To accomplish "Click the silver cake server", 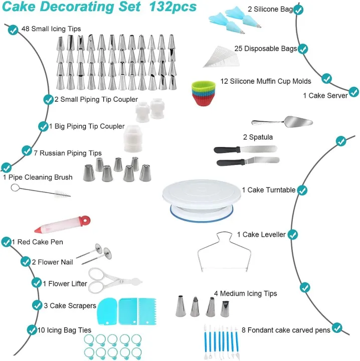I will point(283,121).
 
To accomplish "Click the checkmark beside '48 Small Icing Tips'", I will point(13,30).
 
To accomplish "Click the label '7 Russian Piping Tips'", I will point(67,153).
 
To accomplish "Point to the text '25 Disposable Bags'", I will point(266,49).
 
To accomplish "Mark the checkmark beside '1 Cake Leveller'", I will point(293,235).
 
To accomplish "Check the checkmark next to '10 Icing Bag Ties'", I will point(31,329).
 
